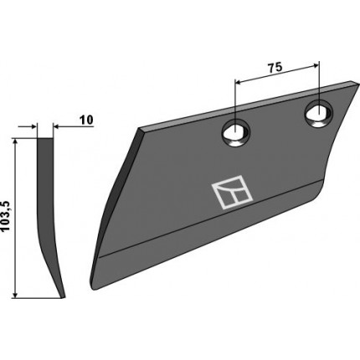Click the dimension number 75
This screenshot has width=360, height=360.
275,68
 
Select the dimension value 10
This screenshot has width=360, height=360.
86,120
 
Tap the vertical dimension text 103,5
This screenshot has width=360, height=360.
6,216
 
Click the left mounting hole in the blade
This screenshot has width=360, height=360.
236,133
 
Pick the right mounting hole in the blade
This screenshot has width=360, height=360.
319,114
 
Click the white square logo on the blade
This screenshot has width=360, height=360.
233,193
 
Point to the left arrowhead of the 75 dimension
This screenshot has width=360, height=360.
238,81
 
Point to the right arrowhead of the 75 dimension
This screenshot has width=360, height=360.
316,65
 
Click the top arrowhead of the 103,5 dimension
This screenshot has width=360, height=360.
15,141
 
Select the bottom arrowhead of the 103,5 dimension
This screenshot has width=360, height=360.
15,295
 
